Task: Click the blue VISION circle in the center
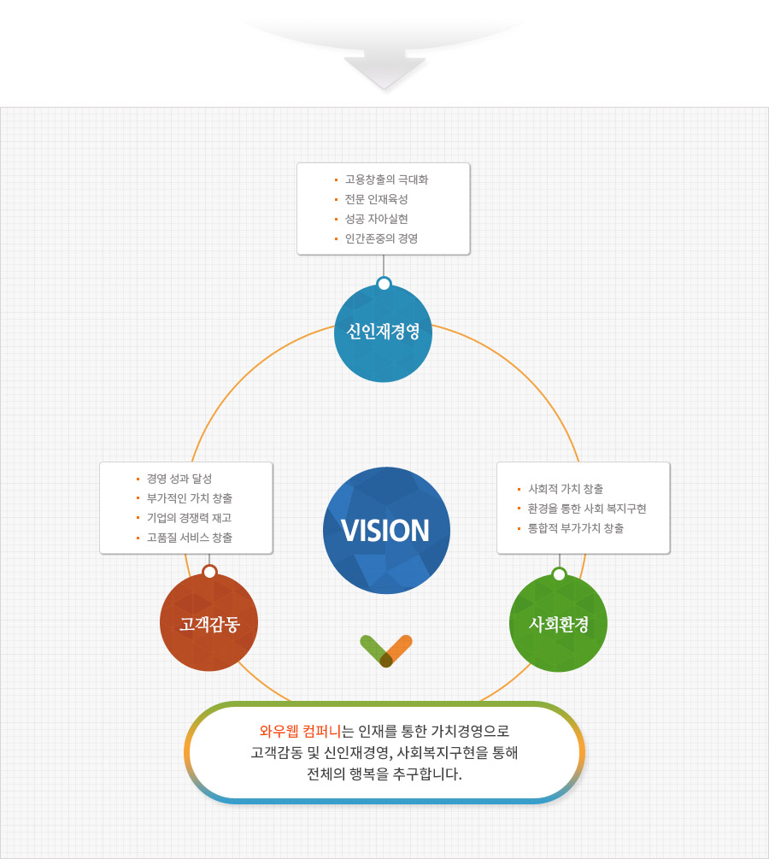point(386,530)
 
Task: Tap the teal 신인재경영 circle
point(383,332)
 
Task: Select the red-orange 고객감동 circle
point(208,622)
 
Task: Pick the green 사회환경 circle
point(558,623)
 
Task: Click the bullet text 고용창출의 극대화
point(386,180)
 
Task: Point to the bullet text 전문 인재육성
point(376,199)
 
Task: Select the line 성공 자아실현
point(376,219)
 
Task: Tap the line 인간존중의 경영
point(381,238)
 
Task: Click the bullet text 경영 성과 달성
point(179,479)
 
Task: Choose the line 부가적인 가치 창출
point(189,498)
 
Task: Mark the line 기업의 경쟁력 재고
point(189,518)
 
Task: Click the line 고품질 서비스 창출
point(189,538)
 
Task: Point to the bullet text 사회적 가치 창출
point(566,489)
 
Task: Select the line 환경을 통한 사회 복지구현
point(587,509)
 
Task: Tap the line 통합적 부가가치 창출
point(576,528)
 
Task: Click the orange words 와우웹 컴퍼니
point(299,732)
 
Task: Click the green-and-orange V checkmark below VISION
point(386,650)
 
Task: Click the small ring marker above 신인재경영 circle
point(384,284)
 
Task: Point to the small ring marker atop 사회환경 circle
point(559,574)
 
